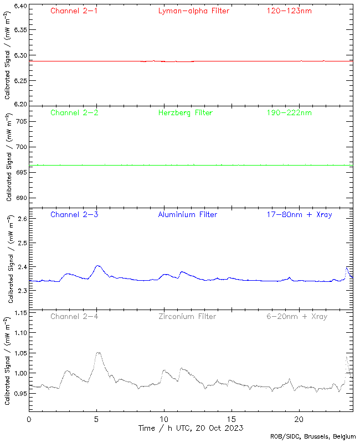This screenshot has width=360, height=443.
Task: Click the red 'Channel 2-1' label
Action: coord(74,11)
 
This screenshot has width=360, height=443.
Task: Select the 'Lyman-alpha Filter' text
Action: coord(193,11)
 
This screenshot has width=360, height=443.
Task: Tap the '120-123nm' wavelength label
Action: coord(289,11)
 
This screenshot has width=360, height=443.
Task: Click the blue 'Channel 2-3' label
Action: coord(74,214)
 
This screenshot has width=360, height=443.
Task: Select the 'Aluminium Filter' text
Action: coord(187,214)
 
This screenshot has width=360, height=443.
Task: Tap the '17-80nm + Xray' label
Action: coord(299,214)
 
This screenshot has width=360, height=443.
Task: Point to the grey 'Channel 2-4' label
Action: coord(74,316)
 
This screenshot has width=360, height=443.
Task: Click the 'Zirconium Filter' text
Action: coord(187,316)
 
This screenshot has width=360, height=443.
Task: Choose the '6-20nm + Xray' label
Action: coord(296,316)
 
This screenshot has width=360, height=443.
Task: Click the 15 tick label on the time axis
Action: coord(232,420)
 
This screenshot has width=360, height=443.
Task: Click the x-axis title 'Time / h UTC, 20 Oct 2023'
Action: coord(191,428)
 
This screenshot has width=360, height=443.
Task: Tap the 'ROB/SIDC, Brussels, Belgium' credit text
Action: coord(317,437)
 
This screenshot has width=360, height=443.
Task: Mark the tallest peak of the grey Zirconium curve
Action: coord(99,352)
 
